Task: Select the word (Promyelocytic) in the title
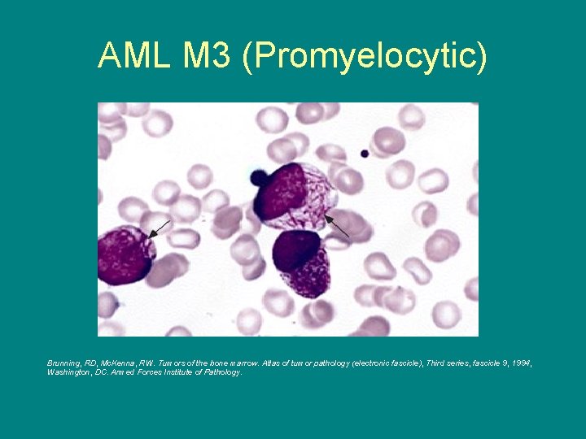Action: pos(364,56)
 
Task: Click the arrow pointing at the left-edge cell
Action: pos(160,228)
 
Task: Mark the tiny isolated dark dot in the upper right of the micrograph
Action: pos(365,153)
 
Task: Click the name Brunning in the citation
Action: pos(66,363)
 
